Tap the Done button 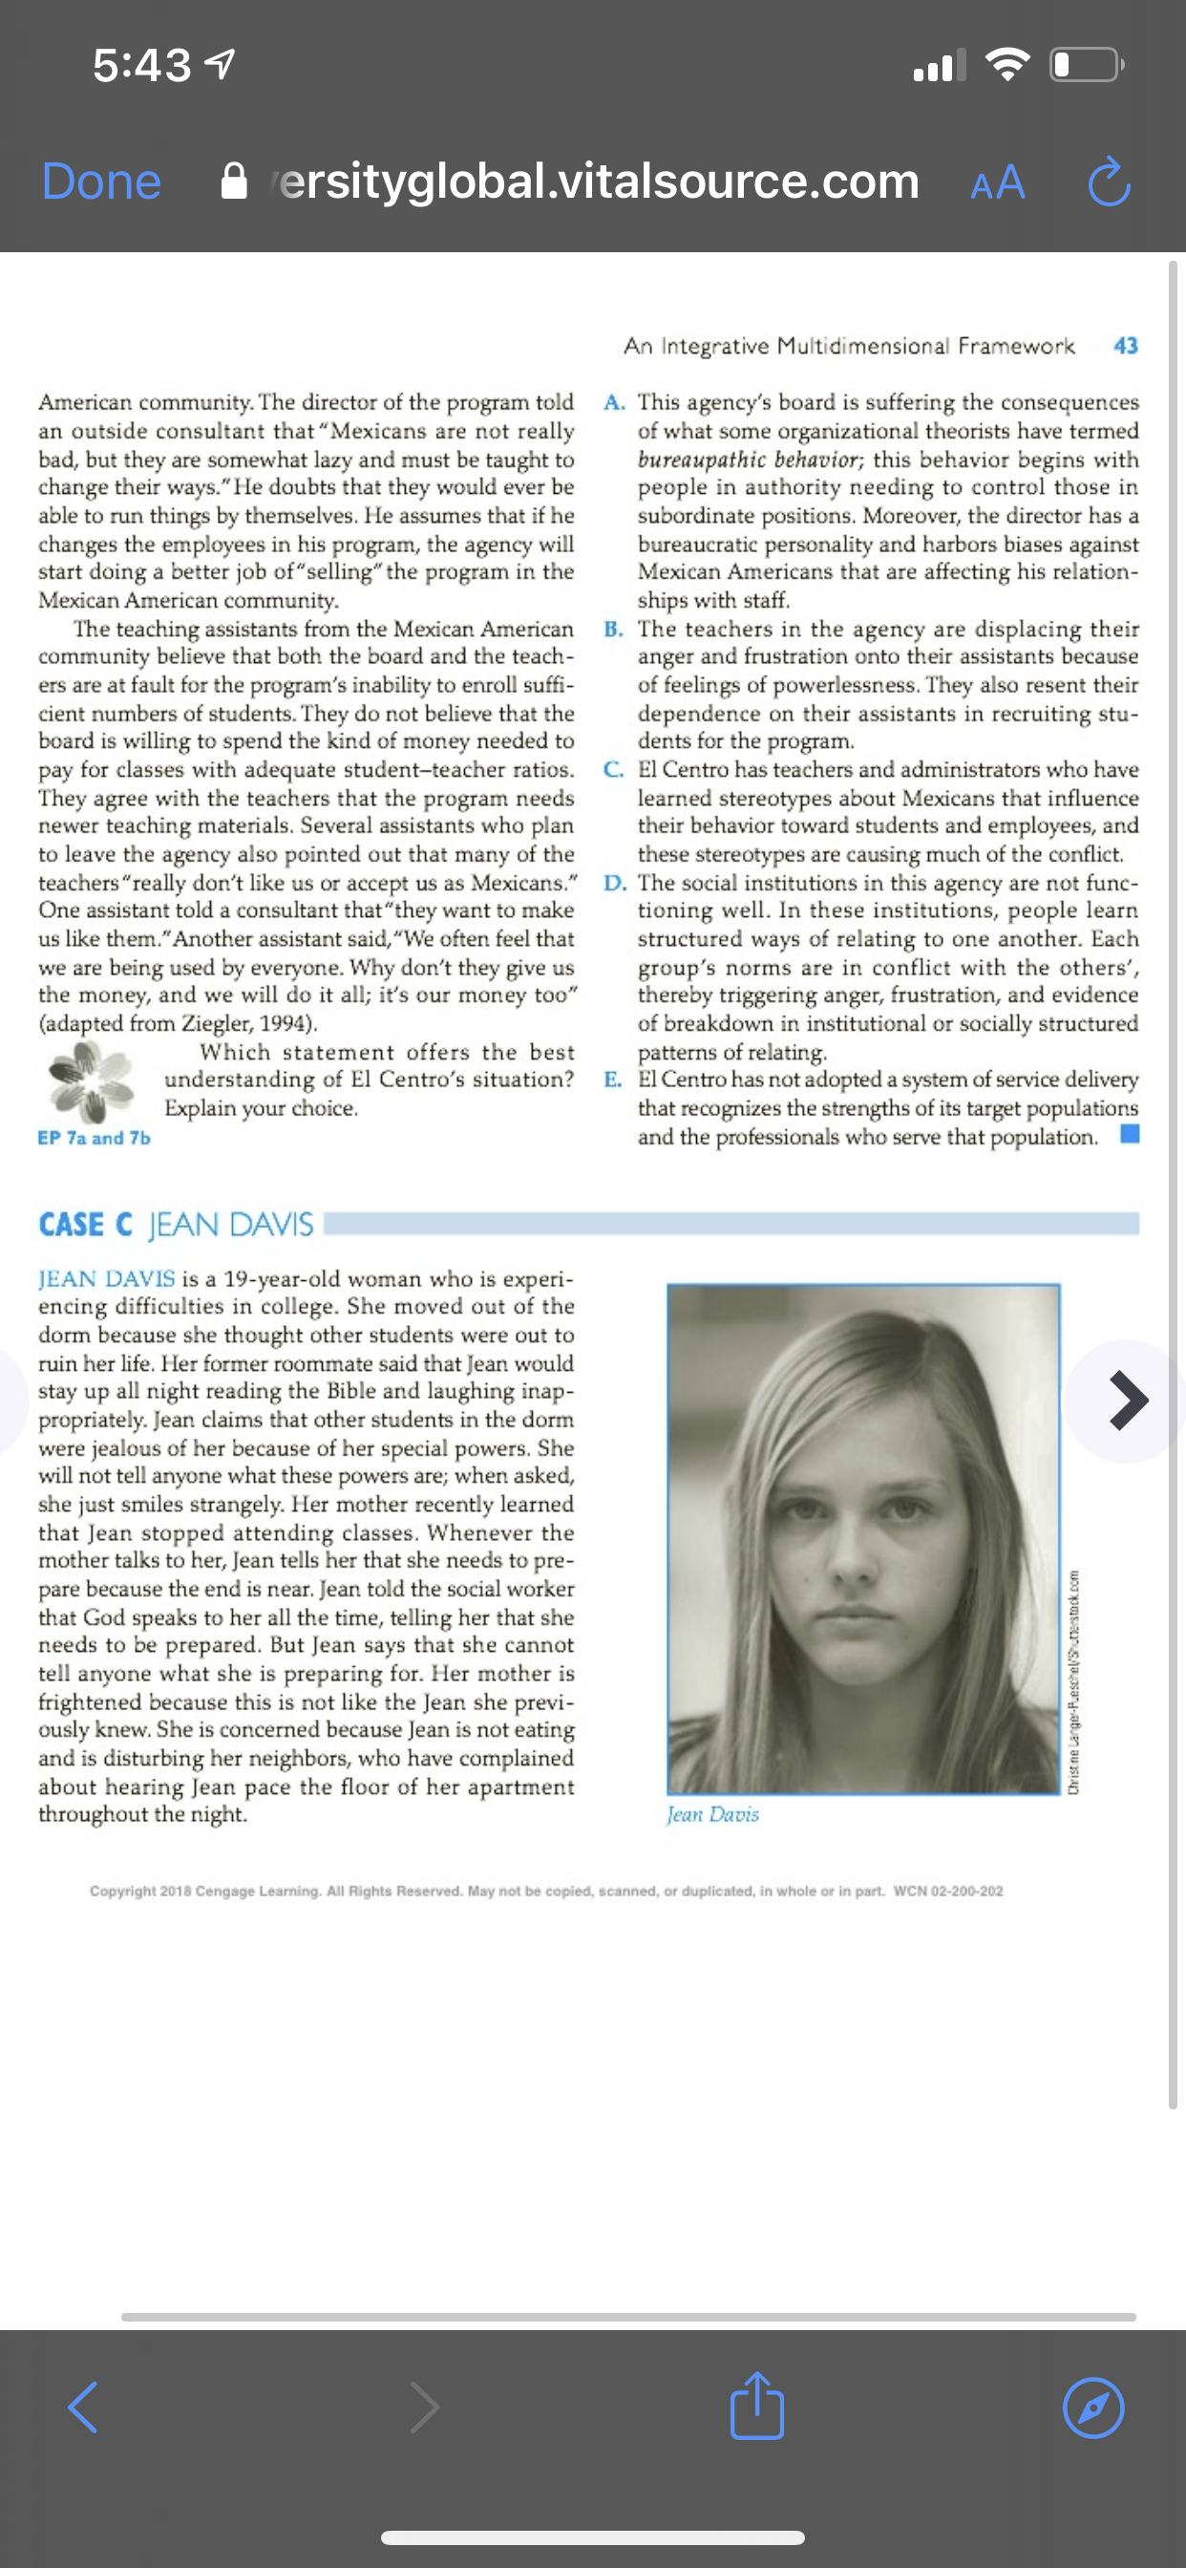point(101,182)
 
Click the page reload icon point(1109,182)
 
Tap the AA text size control point(998,182)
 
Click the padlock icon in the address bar point(233,182)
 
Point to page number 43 point(1125,346)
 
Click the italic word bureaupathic point(702,460)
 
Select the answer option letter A point(614,403)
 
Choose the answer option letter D point(614,884)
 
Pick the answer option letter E point(613,1080)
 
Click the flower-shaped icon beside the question point(91,1080)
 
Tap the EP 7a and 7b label point(94,1138)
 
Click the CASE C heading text point(86,1224)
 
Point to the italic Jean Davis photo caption point(712,1814)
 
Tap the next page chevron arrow point(1128,1401)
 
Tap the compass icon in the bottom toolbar point(1093,2408)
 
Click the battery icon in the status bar point(1087,66)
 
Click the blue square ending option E point(1131,1133)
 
